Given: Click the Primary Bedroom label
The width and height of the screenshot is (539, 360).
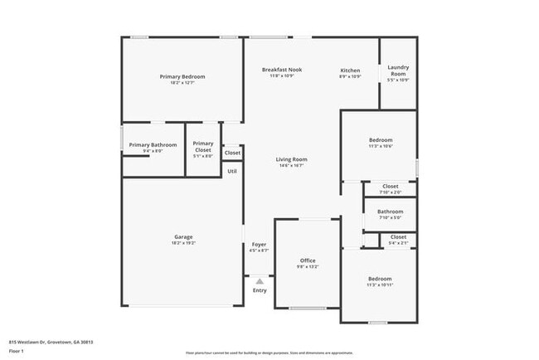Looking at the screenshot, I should tap(182, 76).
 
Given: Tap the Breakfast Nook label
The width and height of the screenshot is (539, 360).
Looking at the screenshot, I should tap(281, 70).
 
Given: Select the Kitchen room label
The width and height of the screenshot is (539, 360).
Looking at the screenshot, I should tap(350, 71).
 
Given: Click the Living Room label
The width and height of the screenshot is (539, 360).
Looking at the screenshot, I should tap(291, 159).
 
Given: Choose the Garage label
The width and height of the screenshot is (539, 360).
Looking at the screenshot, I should tap(182, 237).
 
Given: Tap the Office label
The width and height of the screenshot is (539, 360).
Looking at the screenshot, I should tap(307, 260).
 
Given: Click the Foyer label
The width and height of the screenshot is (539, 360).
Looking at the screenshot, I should tap(259, 245).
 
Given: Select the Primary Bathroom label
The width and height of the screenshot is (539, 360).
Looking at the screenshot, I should tap(152, 145).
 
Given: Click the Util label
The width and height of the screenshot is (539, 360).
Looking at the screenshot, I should tap(232, 171).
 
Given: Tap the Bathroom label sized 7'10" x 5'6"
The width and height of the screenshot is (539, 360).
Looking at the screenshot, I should tap(390, 212).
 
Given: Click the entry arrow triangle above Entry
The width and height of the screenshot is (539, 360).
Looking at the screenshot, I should tap(260, 281).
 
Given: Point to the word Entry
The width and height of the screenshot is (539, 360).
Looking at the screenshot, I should tap(260, 290).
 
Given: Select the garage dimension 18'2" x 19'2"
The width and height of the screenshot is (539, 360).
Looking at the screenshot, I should tap(182, 243).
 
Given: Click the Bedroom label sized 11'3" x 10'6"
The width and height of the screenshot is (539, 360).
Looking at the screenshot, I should tap(380, 140).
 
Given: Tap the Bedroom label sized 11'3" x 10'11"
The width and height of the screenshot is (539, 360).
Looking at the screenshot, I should tap(380, 279).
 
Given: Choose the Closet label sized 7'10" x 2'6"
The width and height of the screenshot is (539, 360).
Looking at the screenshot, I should tap(390, 187).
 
